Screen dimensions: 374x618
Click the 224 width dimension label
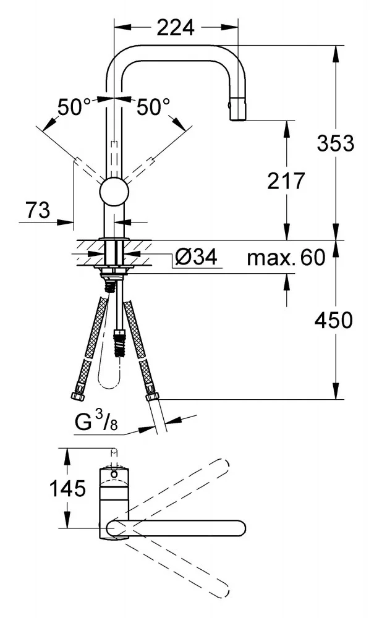[176, 28]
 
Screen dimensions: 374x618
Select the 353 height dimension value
[336, 143]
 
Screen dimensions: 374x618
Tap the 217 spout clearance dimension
[286, 181]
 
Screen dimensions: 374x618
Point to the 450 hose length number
[333, 320]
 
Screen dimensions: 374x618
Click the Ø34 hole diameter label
[195, 257]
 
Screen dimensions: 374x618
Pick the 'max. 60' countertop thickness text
[286, 258]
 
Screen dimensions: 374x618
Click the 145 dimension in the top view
[67, 489]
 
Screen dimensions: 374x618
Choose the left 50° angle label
[74, 107]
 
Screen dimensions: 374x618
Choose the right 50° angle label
[154, 107]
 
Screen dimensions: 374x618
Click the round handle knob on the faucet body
[114, 192]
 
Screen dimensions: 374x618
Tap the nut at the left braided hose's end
[77, 396]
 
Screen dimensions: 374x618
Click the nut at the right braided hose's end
[151, 397]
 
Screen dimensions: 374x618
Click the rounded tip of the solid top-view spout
[240, 528]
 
